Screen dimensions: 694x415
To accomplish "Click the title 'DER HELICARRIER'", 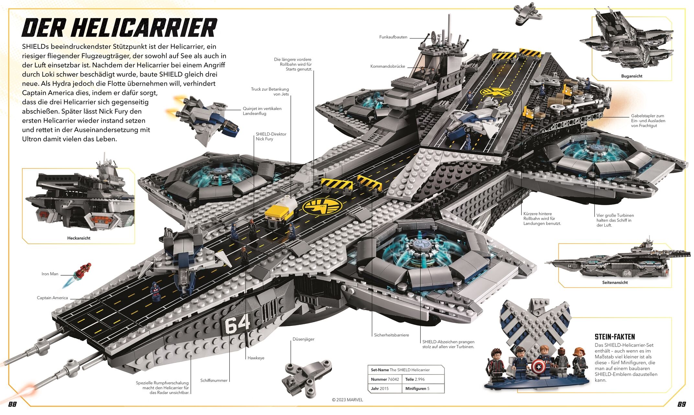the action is pyautogui.click(x=119, y=28).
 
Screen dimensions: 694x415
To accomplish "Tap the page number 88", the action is pyautogui.click(x=12, y=404).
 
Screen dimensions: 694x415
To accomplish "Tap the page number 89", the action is pyautogui.click(x=682, y=404).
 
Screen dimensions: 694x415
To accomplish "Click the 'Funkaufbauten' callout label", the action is pyautogui.click(x=393, y=37).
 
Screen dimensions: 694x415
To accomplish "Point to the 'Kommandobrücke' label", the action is pyautogui.click(x=388, y=66).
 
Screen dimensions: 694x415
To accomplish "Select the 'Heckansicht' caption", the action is pyautogui.click(x=79, y=238).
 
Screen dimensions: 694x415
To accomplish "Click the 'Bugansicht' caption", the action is pyautogui.click(x=631, y=76).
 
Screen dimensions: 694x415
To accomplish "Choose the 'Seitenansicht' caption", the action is pyautogui.click(x=615, y=282).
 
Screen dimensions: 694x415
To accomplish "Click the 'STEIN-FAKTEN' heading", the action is pyautogui.click(x=615, y=337).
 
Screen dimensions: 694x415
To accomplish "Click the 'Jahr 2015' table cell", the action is pyautogui.click(x=380, y=389).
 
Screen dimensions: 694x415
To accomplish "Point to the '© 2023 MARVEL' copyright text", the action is pyautogui.click(x=347, y=400).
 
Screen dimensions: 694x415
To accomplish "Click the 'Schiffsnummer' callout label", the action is pyautogui.click(x=214, y=381).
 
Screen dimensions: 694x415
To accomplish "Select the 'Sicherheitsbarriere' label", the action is pyautogui.click(x=391, y=335).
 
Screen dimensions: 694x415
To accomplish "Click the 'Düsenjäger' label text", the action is pyautogui.click(x=303, y=339).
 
